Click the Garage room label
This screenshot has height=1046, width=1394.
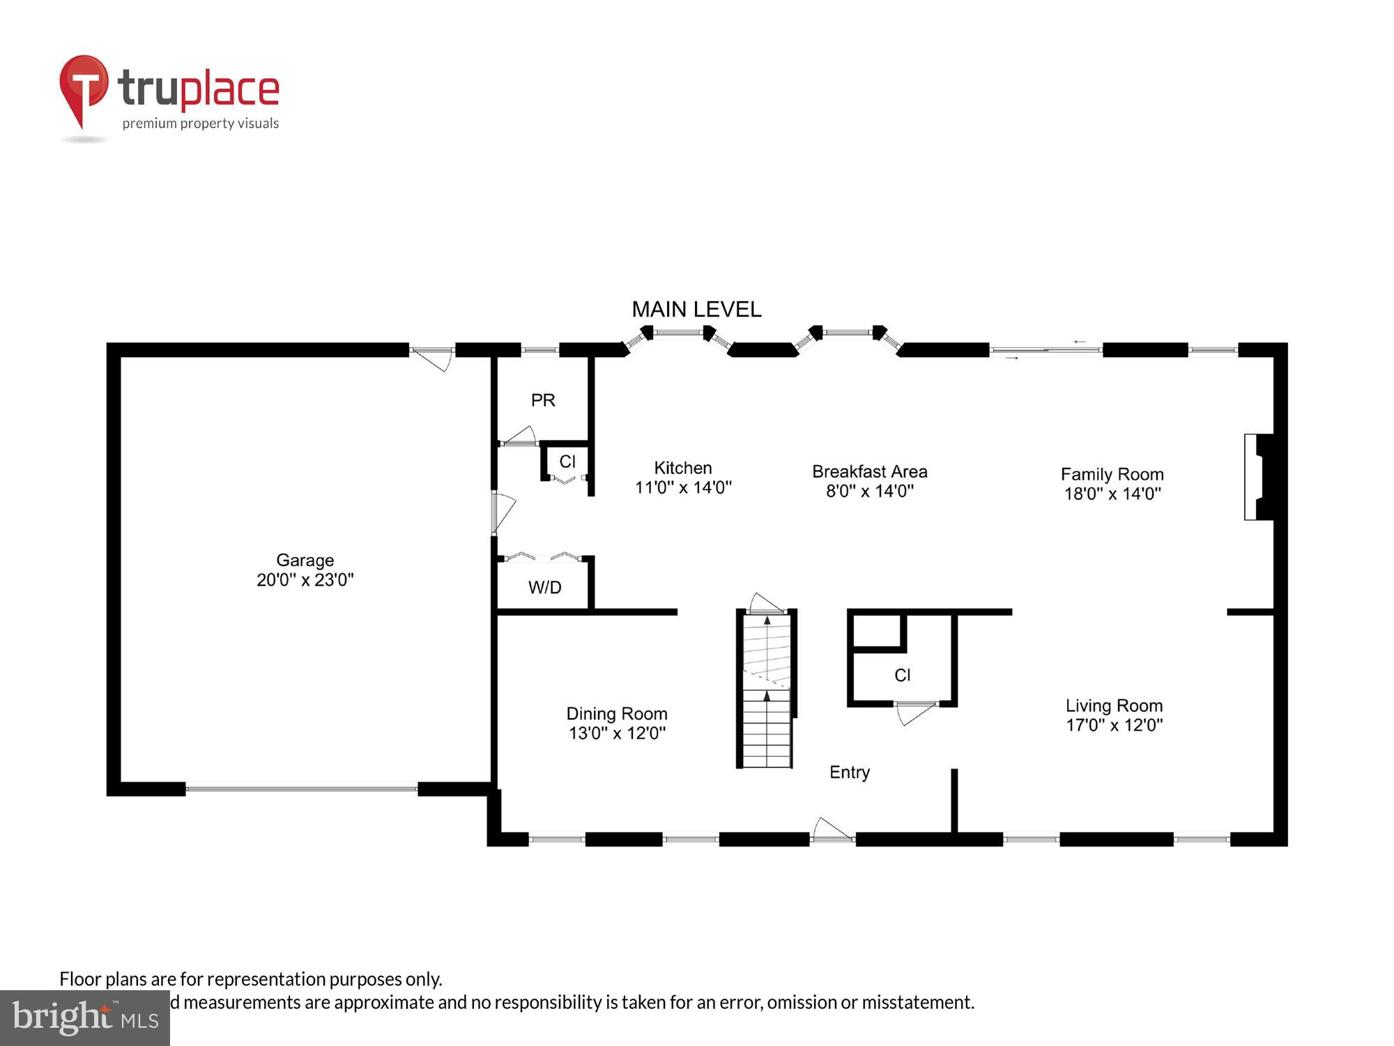(305, 560)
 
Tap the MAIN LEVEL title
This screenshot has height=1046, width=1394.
(696, 310)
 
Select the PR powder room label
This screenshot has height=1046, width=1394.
(543, 400)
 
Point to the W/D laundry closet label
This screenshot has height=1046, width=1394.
(544, 587)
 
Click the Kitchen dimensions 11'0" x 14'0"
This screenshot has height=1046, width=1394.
(683, 487)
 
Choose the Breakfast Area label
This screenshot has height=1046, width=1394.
(869, 471)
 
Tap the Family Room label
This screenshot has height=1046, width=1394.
(1112, 474)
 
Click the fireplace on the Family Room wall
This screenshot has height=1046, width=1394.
(1259, 477)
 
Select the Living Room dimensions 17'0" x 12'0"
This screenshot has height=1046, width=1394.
(1114, 725)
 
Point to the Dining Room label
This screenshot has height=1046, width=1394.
(617, 713)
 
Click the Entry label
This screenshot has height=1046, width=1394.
(849, 772)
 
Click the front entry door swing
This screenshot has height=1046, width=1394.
(832, 830)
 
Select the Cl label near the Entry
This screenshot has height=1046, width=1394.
(902, 675)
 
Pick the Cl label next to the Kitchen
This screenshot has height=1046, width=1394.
(567, 462)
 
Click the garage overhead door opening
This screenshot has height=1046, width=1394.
(301, 789)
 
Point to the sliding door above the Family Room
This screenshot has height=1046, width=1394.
(1045, 350)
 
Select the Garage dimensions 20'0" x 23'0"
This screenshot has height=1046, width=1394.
(305, 580)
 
